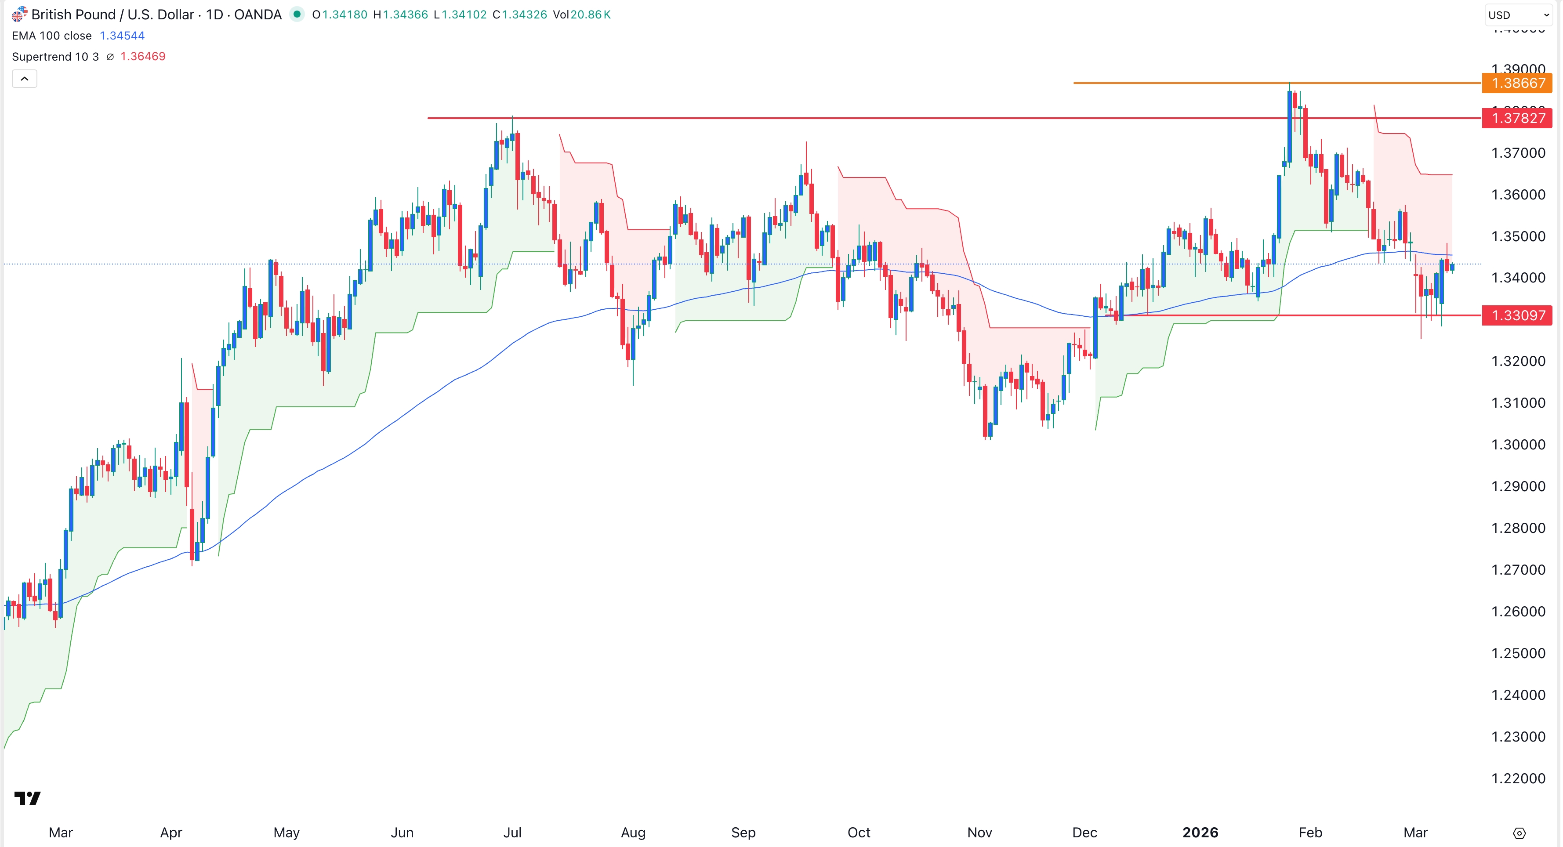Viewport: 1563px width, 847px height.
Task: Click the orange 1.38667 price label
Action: click(1516, 83)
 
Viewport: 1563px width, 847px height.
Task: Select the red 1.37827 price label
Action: click(1516, 118)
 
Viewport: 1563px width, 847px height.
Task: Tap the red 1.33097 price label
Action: click(1516, 315)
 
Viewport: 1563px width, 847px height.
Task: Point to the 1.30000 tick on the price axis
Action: click(1518, 445)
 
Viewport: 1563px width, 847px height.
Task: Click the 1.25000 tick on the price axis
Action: click(1518, 653)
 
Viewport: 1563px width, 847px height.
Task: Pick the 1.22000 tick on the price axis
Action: click(1518, 778)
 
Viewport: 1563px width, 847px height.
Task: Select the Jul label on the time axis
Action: click(512, 833)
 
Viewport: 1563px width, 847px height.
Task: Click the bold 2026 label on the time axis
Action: click(1200, 833)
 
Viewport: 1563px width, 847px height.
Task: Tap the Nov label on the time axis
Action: click(979, 833)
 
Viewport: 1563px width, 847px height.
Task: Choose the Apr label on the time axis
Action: click(171, 833)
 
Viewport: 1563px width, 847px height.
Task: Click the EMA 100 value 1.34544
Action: click(122, 36)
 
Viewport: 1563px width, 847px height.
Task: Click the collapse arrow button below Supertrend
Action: click(24, 79)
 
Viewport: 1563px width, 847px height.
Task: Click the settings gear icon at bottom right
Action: click(1519, 833)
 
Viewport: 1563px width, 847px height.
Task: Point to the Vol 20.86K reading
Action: click(581, 14)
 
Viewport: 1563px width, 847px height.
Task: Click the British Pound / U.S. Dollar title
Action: click(156, 14)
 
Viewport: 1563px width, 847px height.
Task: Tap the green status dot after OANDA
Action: click(297, 14)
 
